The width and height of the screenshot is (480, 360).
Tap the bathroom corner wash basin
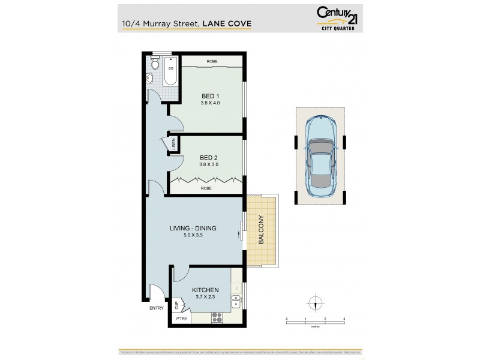[149, 78]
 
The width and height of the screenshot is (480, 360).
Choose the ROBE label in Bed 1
[212, 62]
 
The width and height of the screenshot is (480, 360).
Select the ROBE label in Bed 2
[206, 188]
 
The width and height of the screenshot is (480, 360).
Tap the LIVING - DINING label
[192, 228]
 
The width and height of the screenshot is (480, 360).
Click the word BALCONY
[262, 230]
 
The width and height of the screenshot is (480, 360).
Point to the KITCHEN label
[206, 290]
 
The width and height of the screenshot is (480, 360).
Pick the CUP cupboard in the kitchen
[178, 305]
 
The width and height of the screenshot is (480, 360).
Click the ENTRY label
[157, 308]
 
